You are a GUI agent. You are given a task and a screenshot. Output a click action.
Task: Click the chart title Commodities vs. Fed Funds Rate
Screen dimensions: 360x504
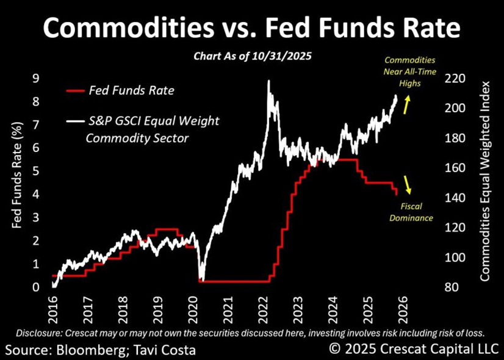251,27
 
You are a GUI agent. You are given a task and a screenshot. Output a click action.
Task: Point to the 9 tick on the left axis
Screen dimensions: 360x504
37,79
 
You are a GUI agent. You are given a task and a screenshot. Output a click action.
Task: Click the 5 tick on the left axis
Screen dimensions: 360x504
37,171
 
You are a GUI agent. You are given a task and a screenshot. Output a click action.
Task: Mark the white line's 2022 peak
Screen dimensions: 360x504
269,82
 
